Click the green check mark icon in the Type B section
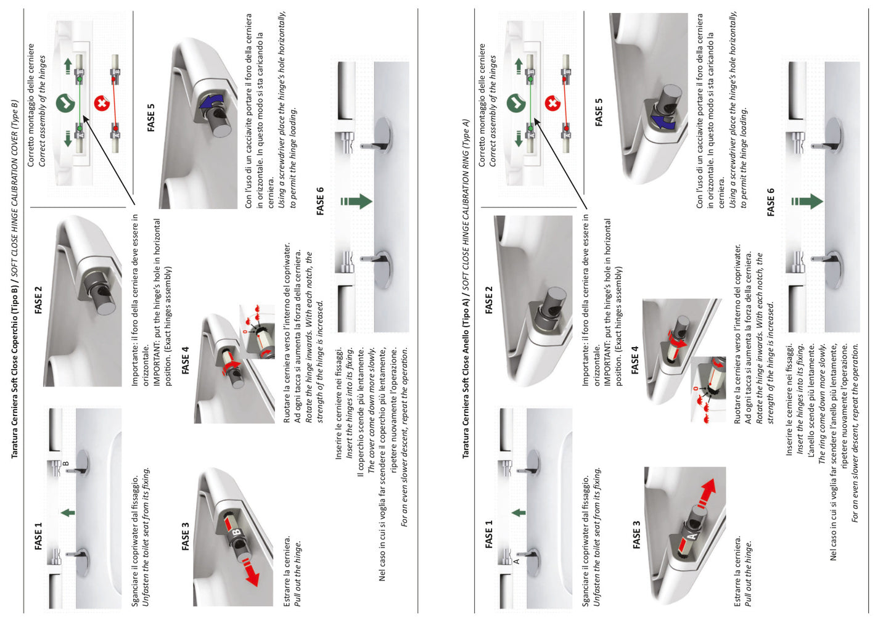coord(65,103)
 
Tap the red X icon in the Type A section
coord(552,104)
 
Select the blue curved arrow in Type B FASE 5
coord(210,102)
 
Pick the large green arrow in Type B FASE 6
coord(356,201)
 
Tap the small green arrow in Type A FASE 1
coord(519,513)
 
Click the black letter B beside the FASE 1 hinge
coord(66,463)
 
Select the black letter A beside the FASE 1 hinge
coord(516,561)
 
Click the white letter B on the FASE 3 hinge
coord(236,532)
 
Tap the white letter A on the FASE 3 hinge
coord(692,536)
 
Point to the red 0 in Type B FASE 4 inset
coord(245,331)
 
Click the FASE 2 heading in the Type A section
coord(489,300)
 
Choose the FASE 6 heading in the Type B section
coord(320,201)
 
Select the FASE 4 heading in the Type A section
coord(635,360)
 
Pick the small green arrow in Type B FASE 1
coord(68,513)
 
